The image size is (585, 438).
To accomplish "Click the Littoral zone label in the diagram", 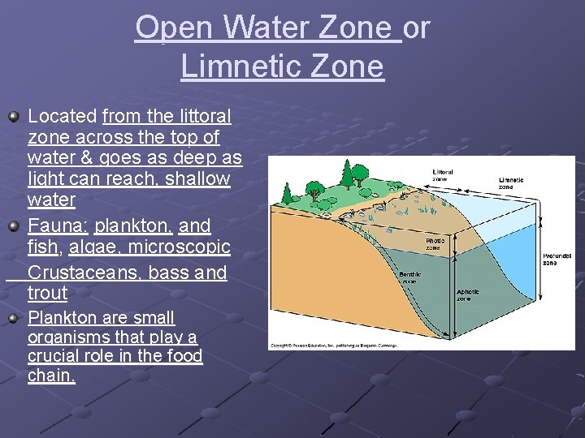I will click(444, 175).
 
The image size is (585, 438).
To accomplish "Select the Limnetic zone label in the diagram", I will click(512, 183).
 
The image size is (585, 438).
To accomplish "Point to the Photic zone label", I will click(436, 243).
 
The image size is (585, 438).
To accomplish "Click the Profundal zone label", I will click(558, 260).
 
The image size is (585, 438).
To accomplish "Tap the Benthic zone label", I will click(409, 278).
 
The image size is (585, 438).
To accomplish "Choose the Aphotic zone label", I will click(467, 294).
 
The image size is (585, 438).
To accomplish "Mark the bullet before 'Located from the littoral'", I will click(14, 118).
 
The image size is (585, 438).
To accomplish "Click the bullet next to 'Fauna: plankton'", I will click(14, 227).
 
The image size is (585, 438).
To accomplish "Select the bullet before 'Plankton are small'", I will click(14, 319).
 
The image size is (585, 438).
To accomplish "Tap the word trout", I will click(47, 293).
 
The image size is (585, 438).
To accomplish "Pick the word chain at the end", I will click(50, 376).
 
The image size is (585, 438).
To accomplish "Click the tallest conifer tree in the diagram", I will click(349, 172).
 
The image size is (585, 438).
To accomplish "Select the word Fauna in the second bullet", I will click(56, 225).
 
